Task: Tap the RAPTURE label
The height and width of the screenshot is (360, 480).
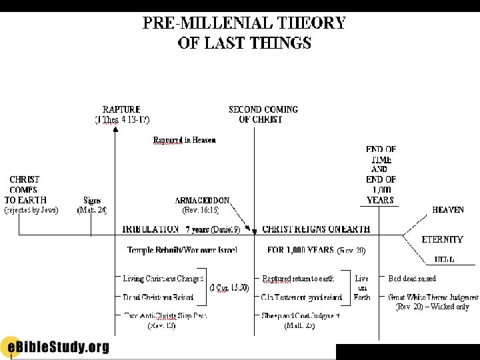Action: (x=121, y=109)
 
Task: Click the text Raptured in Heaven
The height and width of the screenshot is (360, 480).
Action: (x=185, y=140)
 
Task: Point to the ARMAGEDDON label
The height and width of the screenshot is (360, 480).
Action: (x=202, y=200)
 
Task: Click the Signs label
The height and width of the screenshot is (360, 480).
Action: (x=92, y=200)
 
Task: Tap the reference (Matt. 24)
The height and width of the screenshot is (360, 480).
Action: (x=92, y=210)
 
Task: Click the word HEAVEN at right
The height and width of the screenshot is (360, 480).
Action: (x=448, y=210)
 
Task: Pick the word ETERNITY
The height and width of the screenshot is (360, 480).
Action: (x=442, y=239)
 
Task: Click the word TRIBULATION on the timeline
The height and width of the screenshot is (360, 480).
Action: (x=151, y=229)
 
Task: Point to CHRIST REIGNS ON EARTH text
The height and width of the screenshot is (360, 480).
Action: (x=316, y=229)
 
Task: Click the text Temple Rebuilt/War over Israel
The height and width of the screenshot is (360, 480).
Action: (x=182, y=250)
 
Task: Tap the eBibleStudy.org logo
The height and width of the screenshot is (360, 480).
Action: (x=55, y=347)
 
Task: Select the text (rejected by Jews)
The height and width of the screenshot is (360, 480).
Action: (x=31, y=210)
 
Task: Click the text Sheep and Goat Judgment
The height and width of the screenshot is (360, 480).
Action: (x=301, y=316)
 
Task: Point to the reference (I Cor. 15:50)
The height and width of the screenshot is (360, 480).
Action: (x=229, y=287)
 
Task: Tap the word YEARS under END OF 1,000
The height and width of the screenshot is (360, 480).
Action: (x=380, y=199)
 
